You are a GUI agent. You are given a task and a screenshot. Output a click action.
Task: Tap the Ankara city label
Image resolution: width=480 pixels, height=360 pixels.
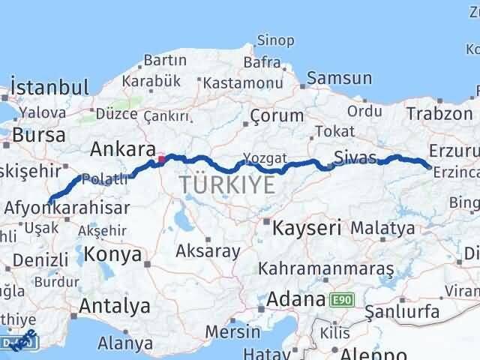(x=122, y=148)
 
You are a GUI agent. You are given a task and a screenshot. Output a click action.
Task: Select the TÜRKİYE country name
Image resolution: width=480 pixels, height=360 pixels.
(x=226, y=185)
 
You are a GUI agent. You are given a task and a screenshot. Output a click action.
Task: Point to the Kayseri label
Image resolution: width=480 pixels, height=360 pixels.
(x=307, y=226)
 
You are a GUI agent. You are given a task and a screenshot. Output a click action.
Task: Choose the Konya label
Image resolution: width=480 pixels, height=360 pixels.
(x=113, y=254)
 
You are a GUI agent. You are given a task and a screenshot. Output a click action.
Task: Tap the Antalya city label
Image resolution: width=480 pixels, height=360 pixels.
(x=114, y=306)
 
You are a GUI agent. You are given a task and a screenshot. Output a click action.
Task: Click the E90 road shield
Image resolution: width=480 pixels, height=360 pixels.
(x=341, y=300)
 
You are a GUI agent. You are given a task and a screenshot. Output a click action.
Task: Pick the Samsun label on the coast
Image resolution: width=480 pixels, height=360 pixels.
(x=339, y=78)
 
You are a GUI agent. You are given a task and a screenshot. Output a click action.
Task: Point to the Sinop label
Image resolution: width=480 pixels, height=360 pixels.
(x=275, y=40)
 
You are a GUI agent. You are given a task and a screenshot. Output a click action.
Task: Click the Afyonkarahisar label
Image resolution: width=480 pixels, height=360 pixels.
(x=67, y=208)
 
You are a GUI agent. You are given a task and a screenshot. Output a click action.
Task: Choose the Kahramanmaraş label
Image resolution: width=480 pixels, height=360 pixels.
(x=326, y=268)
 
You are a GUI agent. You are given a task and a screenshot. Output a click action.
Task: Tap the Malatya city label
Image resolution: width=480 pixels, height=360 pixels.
(x=382, y=227)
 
